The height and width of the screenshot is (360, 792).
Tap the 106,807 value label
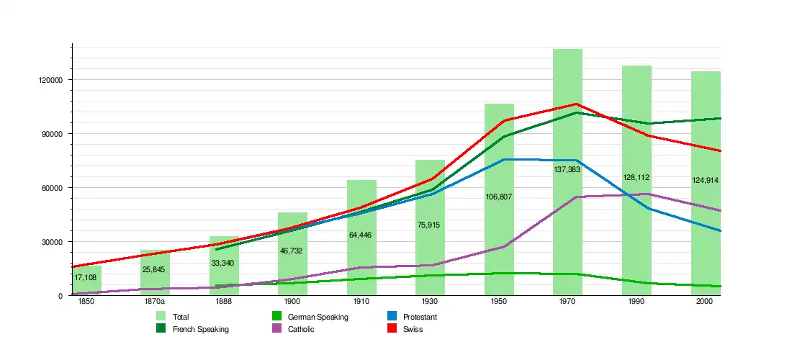[x=499, y=197]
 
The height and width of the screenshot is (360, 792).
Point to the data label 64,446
[x=361, y=235]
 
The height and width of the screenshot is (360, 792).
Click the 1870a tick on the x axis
[x=155, y=301]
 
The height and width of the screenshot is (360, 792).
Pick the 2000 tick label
[x=705, y=301]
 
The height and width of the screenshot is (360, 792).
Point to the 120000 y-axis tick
[x=51, y=80]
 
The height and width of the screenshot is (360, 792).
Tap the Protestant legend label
[x=420, y=317]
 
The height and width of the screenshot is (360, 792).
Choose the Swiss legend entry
[x=413, y=329]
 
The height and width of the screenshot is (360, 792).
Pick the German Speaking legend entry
[x=318, y=317]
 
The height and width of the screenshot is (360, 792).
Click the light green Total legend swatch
[x=161, y=317]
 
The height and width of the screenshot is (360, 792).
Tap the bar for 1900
[x=292, y=259]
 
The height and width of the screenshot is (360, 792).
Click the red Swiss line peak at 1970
[x=577, y=104]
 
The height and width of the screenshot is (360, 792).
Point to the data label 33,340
[x=223, y=263]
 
